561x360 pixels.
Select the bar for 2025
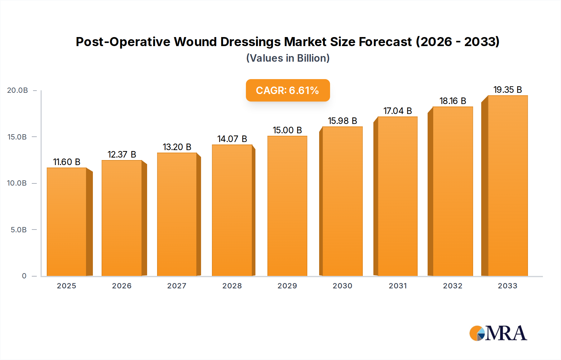point(66,222)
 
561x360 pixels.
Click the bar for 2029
point(287,206)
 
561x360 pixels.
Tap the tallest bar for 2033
point(508,186)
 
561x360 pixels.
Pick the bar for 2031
point(397,196)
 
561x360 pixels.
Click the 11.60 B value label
point(67,162)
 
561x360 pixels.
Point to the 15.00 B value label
point(287,130)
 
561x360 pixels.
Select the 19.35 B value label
point(507,90)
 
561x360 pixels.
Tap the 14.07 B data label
point(232,139)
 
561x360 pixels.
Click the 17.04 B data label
point(397,111)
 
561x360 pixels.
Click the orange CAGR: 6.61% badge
point(288,90)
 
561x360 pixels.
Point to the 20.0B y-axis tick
point(17,90)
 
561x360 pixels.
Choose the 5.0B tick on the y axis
point(19,230)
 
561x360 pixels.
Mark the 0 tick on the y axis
point(24,276)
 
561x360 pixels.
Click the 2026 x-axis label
point(122,286)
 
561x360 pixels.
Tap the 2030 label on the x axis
point(342,286)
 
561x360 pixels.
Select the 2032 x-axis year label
point(453,286)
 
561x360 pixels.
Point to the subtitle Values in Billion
point(288,58)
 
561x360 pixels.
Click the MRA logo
point(498,333)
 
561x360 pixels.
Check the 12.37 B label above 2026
point(122,154)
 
